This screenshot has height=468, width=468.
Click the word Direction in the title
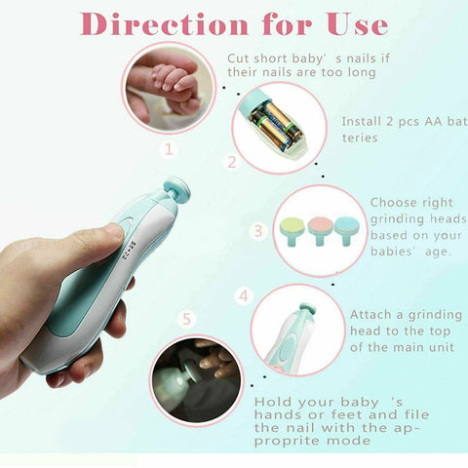click(x=147, y=22)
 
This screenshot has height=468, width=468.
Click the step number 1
click(x=169, y=149)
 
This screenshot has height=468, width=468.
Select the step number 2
click(x=231, y=162)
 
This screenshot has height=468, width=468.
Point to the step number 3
click(x=258, y=231)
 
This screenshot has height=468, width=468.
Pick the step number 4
click(x=244, y=294)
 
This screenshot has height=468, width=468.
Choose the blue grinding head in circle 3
click(x=346, y=228)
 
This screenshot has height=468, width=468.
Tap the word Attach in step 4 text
click(x=371, y=315)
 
